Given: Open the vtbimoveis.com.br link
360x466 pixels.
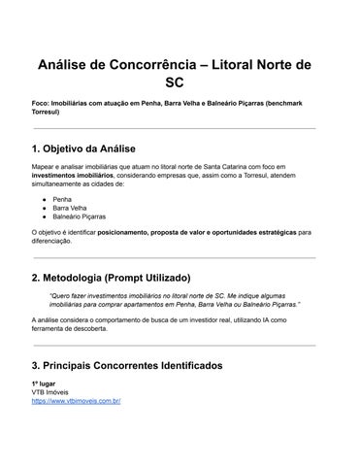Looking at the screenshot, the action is (76, 400).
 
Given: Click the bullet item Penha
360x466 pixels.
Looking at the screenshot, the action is (61, 198).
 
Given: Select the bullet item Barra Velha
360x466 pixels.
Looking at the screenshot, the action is (71, 208).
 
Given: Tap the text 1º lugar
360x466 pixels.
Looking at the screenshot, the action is (45, 383).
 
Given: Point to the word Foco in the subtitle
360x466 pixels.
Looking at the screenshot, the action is (42, 103).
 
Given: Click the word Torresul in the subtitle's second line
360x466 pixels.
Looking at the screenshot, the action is (49, 112).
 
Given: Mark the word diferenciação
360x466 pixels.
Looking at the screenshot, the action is (55, 241).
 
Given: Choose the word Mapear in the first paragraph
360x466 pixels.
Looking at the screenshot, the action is (44, 168).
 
